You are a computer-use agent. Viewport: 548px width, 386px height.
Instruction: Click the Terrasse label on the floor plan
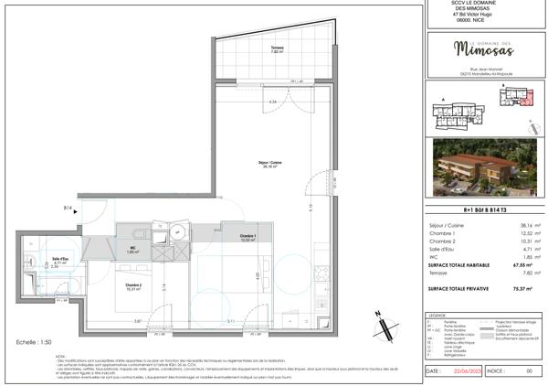[277, 49]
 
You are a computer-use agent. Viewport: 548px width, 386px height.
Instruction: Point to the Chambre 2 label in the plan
[134, 287]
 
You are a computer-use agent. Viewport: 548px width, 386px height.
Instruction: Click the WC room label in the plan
[132, 249]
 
